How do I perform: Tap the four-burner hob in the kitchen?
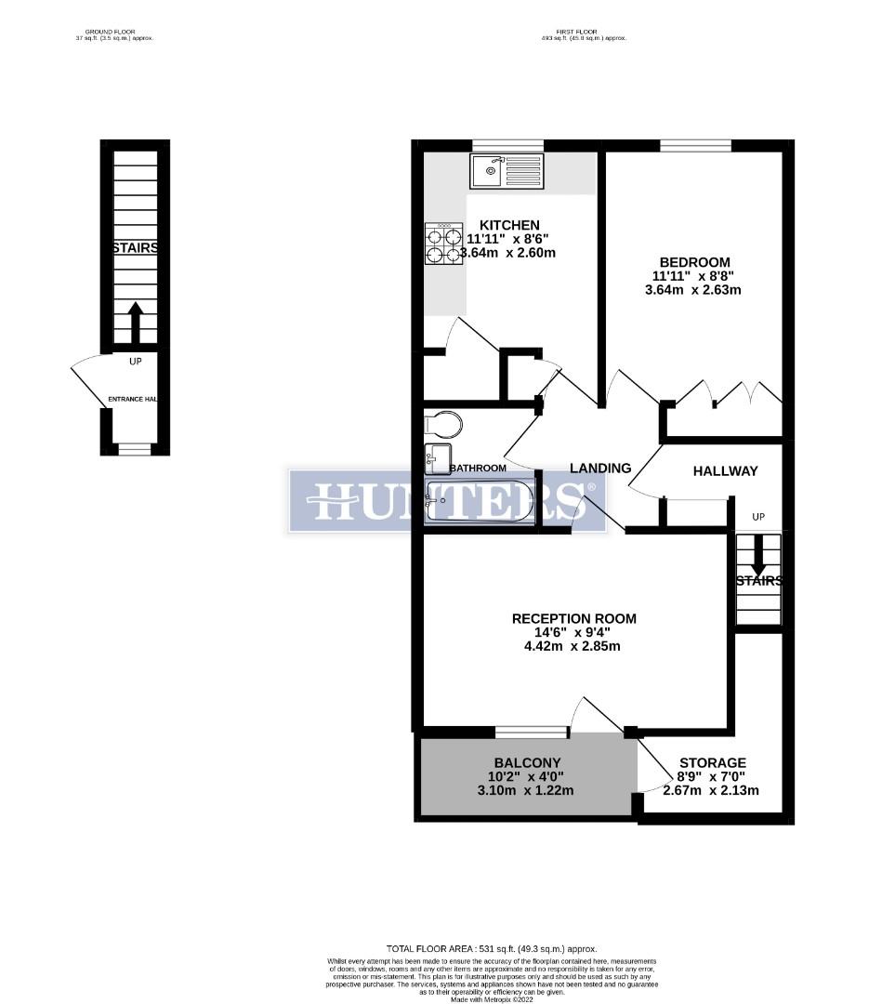click(x=444, y=244)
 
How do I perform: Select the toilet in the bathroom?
click(x=443, y=425)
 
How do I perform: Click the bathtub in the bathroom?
click(x=480, y=501)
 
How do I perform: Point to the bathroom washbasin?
click(x=438, y=456)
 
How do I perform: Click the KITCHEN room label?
click(x=508, y=225)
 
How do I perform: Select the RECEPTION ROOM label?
click(x=574, y=618)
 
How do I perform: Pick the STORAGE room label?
click(x=712, y=763)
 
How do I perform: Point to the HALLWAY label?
click(x=725, y=471)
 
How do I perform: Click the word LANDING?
click(x=600, y=469)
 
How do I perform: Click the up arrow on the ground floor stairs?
click(x=135, y=321)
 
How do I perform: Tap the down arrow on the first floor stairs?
click(x=758, y=555)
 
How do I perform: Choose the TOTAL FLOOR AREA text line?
click(x=493, y=948)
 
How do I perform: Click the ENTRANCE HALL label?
click(x=133, y=399)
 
